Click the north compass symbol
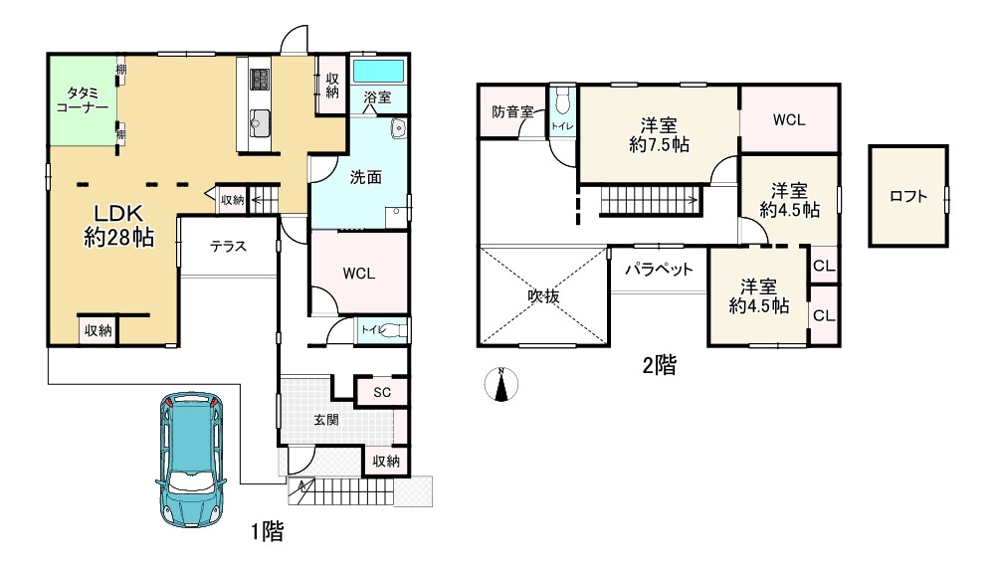501,385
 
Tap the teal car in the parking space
191,460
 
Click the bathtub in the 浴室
378,72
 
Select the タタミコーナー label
83,100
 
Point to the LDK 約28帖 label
118,225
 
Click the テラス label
229,247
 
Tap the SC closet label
382,392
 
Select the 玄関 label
326,420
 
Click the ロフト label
908,196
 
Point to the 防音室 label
512,112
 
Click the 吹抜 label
544,295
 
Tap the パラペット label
659,270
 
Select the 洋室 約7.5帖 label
660,135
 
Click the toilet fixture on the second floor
562,100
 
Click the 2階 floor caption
660,365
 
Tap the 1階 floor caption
267,530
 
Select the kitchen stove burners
261,80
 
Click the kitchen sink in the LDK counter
260,121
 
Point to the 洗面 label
366,178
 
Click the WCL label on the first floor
359,274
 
